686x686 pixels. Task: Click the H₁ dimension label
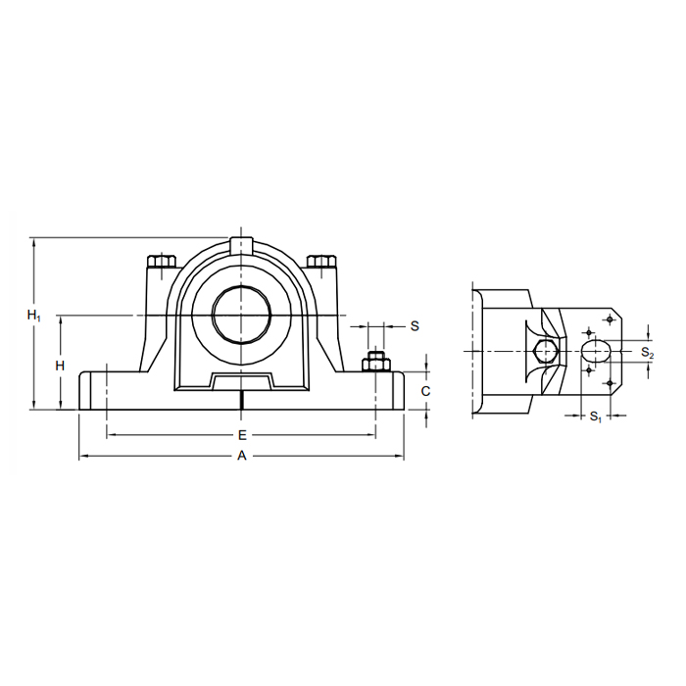(x=33, y=315)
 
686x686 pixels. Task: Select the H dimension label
(x=60, y=366)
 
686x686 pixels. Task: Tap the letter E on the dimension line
(x=242, y=435)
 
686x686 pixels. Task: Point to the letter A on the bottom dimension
(x=242, y=456)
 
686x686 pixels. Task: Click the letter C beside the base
(x=425, y=391)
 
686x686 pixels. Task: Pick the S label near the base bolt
(x=415, y=326)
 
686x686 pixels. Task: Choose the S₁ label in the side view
(x=596, y=416)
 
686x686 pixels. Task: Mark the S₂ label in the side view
(x=647, y=352)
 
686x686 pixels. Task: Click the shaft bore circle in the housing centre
(x=241, y=315)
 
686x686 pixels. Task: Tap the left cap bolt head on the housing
(x=162, y=262)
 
